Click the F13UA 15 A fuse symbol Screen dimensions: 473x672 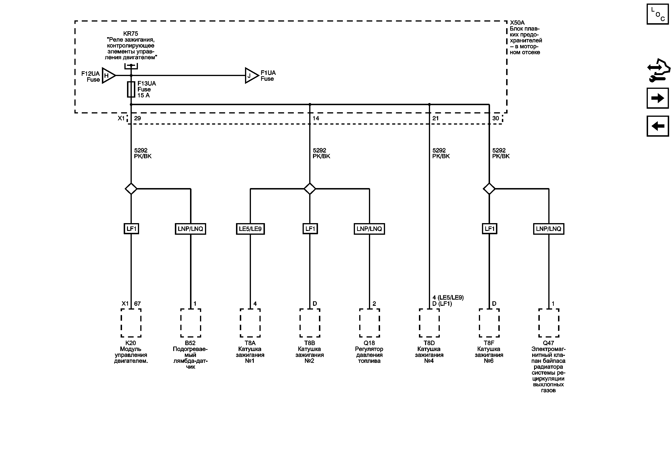(x=131, y=89)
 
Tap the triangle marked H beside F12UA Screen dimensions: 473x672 (x=108, y=76)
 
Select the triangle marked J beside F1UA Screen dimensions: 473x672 (x=251, y=76)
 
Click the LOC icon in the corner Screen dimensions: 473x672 (x=657, y=14)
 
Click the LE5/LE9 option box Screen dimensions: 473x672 (x=250, y=229)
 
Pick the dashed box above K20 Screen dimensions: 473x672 (x=131, y=323)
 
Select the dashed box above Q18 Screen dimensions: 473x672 (x=369, y=323)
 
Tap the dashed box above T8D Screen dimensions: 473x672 (x=429, y=323)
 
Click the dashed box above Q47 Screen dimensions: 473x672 (x=549, y=323)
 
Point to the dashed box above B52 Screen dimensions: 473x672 (x=191, y=323)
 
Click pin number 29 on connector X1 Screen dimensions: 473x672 (x=137, y=118)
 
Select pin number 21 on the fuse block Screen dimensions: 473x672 (x=436, y=118)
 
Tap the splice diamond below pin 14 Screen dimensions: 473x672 (x=310, y=189)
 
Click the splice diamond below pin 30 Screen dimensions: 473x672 (x=489, y=189)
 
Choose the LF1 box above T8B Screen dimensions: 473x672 (x=310, y=229)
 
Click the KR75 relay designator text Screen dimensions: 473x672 (x=131, y=34)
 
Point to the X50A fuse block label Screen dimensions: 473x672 (x=517, y=23)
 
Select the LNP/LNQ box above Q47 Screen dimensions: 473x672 (x=549, y=229)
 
